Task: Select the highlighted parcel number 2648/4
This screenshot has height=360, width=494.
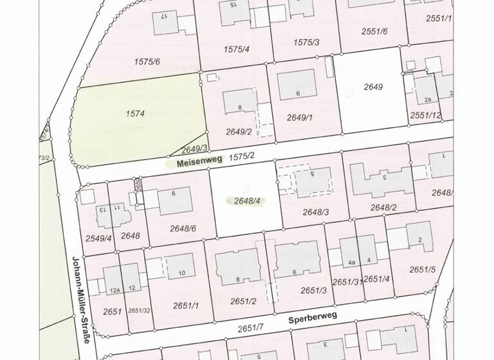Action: [x=247, y=201]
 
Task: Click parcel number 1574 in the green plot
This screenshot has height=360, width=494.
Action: [x=136, y=114]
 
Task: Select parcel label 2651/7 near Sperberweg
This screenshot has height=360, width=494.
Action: [x=251, y=329]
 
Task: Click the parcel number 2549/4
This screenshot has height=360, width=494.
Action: [x=99, y=238]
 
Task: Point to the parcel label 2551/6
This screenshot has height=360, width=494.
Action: [x=374, y=31]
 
